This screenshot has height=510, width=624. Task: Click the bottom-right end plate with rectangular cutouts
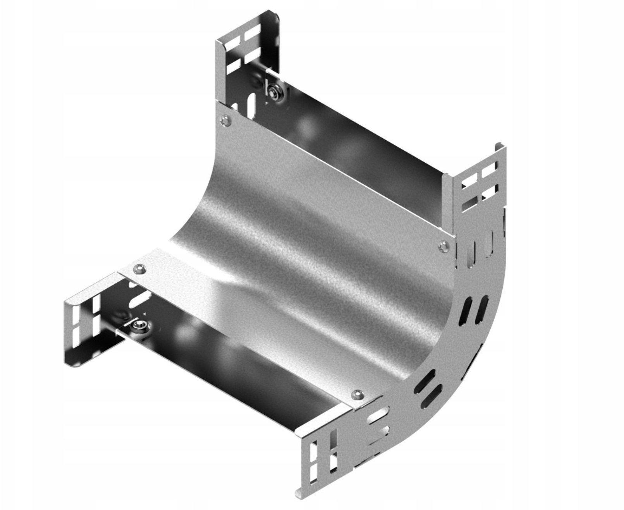tap(324, 453)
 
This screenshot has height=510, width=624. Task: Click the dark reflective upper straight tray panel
tap(360, 155)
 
